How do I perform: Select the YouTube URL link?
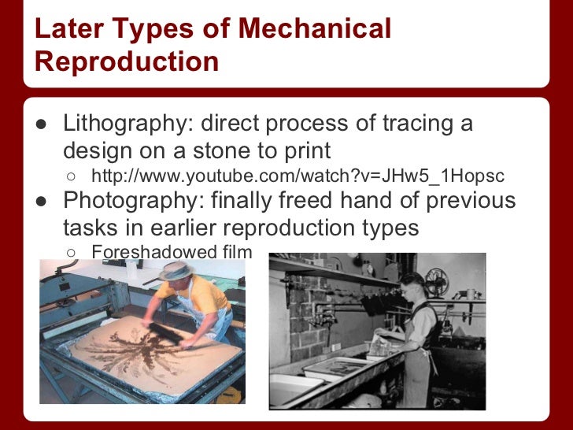click(298, 176)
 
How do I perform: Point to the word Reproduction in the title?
click(127, 61)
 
